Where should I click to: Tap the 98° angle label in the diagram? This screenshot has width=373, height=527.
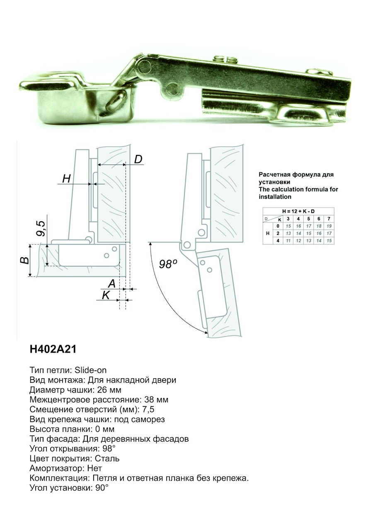point(168,264)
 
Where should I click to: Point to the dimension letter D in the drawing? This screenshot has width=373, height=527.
point(138,159)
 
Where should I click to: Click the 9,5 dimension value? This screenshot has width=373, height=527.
point(41,228)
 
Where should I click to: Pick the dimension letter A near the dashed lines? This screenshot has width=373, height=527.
point(111,283)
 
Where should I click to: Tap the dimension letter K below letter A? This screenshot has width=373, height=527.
point(106,295)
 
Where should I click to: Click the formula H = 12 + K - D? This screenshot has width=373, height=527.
point(298,211)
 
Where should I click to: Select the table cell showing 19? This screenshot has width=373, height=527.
point(329,226)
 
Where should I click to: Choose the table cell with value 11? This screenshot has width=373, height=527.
point(288,241)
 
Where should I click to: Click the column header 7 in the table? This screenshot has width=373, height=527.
point(329,219)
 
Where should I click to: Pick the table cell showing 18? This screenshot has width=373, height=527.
point(319,226)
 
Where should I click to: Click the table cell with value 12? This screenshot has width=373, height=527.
point(298,241)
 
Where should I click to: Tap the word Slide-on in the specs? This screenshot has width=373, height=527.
point(91,370)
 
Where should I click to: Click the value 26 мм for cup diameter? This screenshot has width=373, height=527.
point(109,390)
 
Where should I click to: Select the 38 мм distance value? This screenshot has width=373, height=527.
point(156,400)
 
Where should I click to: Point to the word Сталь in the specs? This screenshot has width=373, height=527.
point(107,459)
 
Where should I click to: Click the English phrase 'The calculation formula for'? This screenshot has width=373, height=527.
point(298,189)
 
